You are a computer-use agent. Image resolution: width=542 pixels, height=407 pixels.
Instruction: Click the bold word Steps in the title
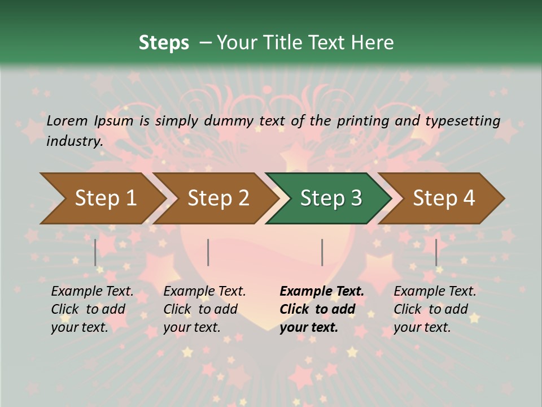[x=164, y=43]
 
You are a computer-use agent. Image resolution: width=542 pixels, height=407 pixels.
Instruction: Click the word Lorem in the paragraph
[x=67, y=120]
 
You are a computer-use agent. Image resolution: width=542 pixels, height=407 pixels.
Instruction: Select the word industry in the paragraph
[x=74, y=141]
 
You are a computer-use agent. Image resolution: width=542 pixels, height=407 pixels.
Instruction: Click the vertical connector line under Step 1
[x=95, y=252]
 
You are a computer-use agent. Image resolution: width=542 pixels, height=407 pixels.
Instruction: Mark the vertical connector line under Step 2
[x=208, y=252]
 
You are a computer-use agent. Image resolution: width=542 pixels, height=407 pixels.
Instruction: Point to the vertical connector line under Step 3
[x=322, y=252]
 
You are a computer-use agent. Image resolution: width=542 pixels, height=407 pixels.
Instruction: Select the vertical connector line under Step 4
[x=436, y=252]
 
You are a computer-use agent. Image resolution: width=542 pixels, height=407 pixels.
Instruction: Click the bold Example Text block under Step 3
[x=322, y=309]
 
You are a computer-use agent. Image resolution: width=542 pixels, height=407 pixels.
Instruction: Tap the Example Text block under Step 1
[x=92, y=309]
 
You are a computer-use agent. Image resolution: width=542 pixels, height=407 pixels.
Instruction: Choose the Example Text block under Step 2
[x=204, y=309]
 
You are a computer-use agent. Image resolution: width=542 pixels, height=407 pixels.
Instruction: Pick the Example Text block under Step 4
[x=435, y=309]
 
